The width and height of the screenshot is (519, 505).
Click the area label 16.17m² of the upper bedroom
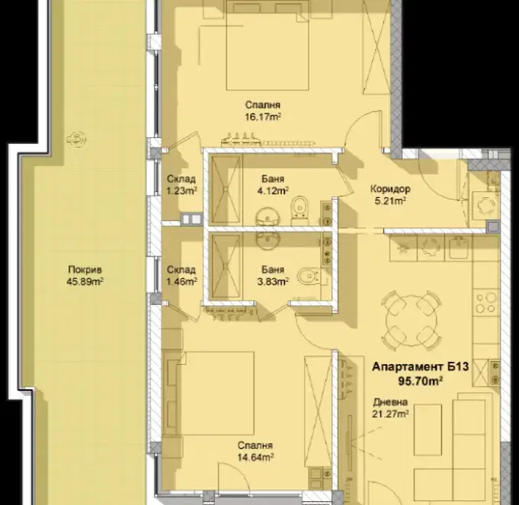pyautogui.click(x=263, y=117)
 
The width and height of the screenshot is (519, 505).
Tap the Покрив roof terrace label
pyautogui.click(x=85, y=270)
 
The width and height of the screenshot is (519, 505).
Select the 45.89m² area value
pyautogui.click(x=85, y=282)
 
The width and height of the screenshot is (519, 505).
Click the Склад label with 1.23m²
pyautogui.click(x=181, y=179)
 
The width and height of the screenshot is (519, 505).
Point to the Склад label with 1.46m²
pyautogui.click(x=181, y=270)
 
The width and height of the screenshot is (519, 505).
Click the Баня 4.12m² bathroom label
pyautogui.click(x=273, y=179)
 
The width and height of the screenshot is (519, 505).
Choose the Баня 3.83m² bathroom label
pyautogui.click(x=273, y=270)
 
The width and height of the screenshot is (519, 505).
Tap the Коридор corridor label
pyautogui.click(x=390, y=189)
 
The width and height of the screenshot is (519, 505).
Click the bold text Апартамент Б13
pyautogui.click(x=421, y=367)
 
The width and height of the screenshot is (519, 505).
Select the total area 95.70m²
pyautogui.click(x=421, y=381)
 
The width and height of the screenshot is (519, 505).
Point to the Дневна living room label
pyautogui.click(x=390, y=402)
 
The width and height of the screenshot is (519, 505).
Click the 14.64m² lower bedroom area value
pyautogui.click(x=255, y=457)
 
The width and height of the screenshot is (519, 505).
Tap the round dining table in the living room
pyautogui.click(x=411, y=320)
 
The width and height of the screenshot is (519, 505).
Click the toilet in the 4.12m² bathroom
pyautogui.click(x=300, y=209)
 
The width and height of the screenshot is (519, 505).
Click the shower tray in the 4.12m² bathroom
pyautogui.click(x=226, y=190)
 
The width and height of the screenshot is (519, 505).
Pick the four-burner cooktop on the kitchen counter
pyautogui.click(x=485, y=302)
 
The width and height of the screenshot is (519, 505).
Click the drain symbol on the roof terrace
pyautogui.click(x=76, y=139)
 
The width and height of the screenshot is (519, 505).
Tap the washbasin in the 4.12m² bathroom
pyautogui.click(x=268, y=216)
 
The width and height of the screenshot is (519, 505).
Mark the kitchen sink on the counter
pyautogui.click(x=460, y=247)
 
